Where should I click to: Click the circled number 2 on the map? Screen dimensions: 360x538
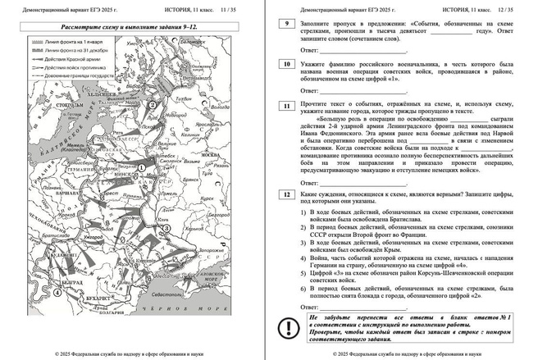click(153, 104)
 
